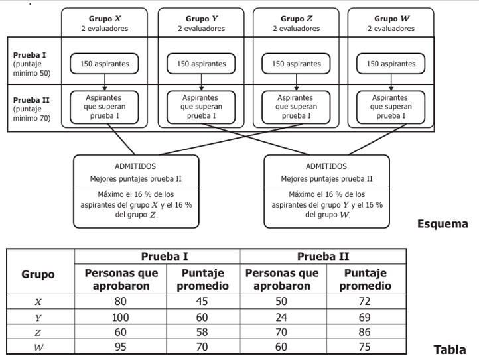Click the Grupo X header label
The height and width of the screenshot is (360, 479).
click(105, 19)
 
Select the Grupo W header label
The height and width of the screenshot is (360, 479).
click(391, 19)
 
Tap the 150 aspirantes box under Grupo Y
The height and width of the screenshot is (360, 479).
click(201, 64)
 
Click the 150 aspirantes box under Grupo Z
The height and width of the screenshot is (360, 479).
click(296, 64)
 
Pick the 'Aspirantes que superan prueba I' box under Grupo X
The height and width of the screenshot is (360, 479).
click(104, 107)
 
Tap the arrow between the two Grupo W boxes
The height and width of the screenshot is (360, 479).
click(391, 82)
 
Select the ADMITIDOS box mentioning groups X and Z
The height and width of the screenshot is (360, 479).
click(136, 192)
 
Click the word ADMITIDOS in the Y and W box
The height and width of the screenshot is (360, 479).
click(326, 166)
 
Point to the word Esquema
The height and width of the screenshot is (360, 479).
click(443, 224)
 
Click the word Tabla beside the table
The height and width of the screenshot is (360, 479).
click(450, 349)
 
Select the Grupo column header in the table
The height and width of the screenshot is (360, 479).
click(38, 274)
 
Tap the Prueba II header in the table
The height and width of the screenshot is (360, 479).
click(323, 256)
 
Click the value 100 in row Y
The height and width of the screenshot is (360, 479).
click(120, 318)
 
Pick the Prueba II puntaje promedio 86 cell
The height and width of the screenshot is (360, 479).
click(364, 332)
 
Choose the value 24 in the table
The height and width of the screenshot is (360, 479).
click(281, 318)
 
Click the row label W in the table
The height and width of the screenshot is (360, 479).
click(38, 347)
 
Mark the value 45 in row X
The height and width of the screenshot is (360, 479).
click(202, 302)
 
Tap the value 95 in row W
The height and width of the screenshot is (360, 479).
click(120, 347)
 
